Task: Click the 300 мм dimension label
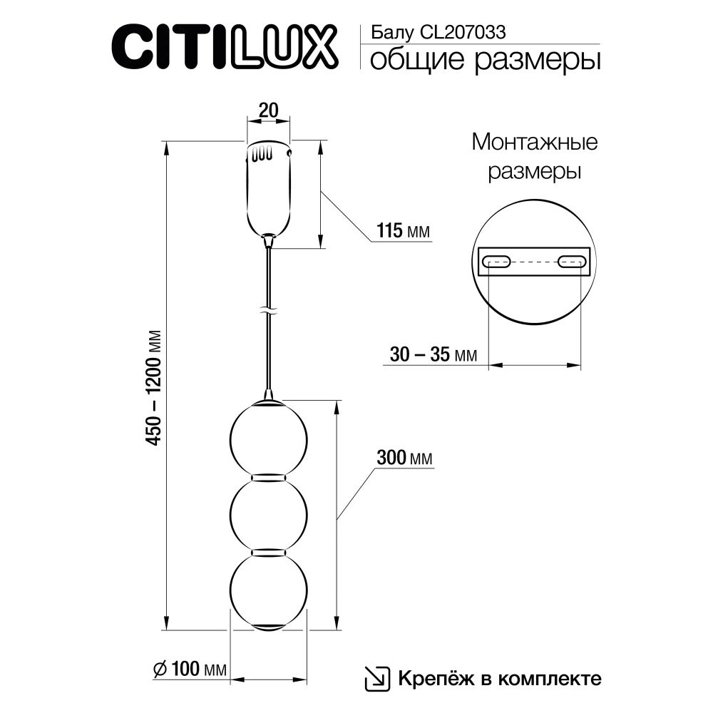pos(404,458)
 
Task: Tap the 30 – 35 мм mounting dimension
pos(434,354)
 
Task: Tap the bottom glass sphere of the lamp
pos(268,590)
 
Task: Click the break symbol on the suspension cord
pos(268,312)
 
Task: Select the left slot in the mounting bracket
pos(496,262)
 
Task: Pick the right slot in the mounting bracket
pos(572,262)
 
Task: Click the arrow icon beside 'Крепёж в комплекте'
pos(377,677)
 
